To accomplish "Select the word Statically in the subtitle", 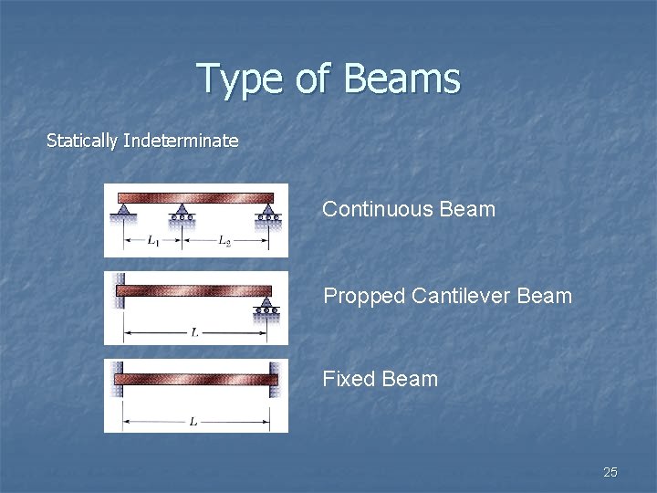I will pos(81,141).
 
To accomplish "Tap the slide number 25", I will pos(610,472).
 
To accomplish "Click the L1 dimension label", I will pos(151,242).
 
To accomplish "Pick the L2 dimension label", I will pos(224,242).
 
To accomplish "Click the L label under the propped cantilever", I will pos(195,332).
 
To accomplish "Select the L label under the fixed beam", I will pos(194,421).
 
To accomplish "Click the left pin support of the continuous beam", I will pos(121,213).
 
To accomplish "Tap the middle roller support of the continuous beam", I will pos(182,215).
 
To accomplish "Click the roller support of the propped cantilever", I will pos(266,306).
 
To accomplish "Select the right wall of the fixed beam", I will pos(274,378).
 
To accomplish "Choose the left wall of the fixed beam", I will pos(118,378).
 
